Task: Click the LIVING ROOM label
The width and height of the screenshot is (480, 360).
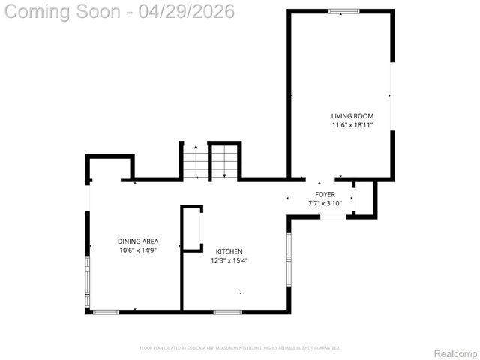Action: (352, 115)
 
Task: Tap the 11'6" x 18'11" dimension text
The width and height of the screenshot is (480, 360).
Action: (352, 125)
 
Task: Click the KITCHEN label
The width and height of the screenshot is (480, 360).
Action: (229, 250)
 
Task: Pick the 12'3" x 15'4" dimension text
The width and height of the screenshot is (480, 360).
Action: (229, 260)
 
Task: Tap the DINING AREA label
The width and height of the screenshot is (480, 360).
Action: (138, 241)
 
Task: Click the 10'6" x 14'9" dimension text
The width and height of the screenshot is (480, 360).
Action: (138, 250)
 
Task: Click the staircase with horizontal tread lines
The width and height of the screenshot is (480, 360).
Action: (195, 162)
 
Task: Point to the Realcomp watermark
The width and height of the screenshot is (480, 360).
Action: (456, 352)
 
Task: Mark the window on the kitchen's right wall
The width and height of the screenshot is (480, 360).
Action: (289, 259)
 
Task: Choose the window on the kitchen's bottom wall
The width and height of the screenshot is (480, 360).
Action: (227, 311)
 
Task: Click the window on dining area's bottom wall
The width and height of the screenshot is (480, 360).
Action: (106, 311)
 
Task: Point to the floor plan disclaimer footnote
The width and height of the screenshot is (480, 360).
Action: (240, 347)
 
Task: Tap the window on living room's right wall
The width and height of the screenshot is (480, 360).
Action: (391, 96)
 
